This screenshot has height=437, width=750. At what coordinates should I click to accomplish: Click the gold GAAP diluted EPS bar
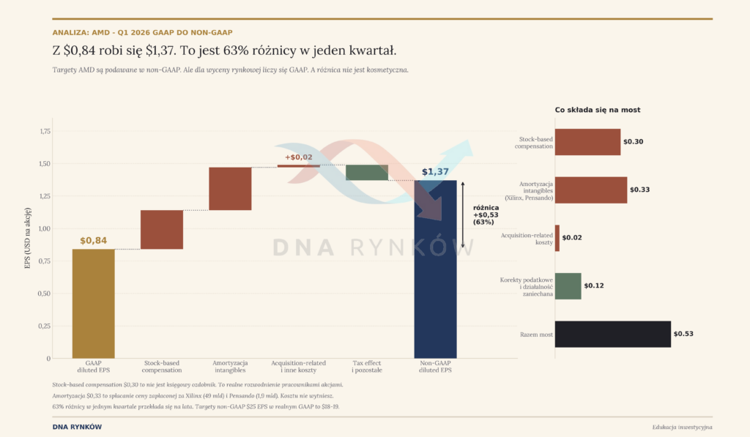click(x=93, y=304)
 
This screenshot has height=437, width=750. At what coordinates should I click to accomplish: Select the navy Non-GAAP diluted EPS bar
click(x=435, y=269)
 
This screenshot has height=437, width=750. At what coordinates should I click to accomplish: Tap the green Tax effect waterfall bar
click(x=367, y=173)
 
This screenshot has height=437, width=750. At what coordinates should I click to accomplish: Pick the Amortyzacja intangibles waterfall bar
click(x=230, y=188)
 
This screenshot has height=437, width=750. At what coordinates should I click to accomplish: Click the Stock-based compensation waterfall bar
click(x=162, y=230)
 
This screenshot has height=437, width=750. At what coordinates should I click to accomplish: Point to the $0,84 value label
click(x=93, y=241)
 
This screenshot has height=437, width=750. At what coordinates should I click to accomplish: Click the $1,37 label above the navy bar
click(x=435, y=171)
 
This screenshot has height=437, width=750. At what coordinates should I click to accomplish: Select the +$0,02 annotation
click(x=299, y=157)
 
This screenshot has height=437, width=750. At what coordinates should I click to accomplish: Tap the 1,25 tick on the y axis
click(x=45, y=196)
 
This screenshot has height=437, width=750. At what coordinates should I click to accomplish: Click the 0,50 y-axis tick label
click(x=44, y=294)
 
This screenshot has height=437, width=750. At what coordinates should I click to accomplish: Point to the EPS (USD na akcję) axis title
click(x=27, y=238)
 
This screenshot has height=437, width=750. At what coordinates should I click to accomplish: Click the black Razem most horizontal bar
click(x=613, y=335)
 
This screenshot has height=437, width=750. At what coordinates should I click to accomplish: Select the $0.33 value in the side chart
click(x=639, y=190)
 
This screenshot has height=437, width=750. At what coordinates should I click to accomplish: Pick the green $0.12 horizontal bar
click(x=568, y=286)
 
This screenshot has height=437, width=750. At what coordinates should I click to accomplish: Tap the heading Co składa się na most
click(x=598, y=110)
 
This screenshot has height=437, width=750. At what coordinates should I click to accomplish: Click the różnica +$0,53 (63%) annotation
click(x=486, y=214)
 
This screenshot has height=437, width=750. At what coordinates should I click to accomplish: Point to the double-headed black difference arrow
click(x=463, y=214)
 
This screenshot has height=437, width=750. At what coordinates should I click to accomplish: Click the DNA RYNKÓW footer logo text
click(x=77, y=427)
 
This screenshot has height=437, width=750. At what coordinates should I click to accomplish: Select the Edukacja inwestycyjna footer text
click(x=682, y=427)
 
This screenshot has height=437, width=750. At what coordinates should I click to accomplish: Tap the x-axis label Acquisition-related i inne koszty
click(x=299, y=366)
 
